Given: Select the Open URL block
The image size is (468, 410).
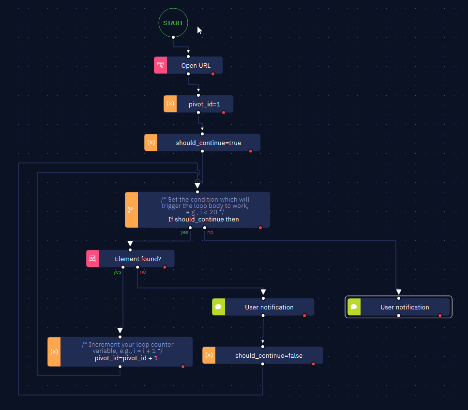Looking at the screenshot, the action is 188,65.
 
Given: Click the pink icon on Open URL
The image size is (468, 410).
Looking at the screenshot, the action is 161,65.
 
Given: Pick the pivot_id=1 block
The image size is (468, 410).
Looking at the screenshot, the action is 198,104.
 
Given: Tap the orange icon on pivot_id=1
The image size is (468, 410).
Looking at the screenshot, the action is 170,104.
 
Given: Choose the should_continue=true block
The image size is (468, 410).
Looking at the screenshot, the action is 202,143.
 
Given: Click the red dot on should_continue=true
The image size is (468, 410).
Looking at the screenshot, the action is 251,151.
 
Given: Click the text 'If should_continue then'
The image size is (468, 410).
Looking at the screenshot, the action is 204,220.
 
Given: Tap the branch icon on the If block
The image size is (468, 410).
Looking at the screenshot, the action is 131,210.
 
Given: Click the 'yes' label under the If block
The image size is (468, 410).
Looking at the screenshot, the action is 184,232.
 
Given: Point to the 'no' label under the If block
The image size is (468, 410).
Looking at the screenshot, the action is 210,232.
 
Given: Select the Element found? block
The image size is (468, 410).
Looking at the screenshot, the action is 131,259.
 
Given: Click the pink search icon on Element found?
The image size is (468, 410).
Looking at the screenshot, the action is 93,259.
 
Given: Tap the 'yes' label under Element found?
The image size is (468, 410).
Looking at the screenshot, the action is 117,272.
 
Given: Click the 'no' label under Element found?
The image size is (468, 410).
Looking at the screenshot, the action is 143,272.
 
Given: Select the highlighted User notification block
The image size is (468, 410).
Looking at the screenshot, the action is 399,307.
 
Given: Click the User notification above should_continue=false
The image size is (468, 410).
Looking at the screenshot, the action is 263,307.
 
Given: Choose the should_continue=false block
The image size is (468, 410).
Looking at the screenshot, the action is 263,355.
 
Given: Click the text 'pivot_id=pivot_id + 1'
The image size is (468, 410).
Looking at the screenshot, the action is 126,358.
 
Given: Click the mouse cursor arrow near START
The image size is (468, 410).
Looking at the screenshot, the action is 199,30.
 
